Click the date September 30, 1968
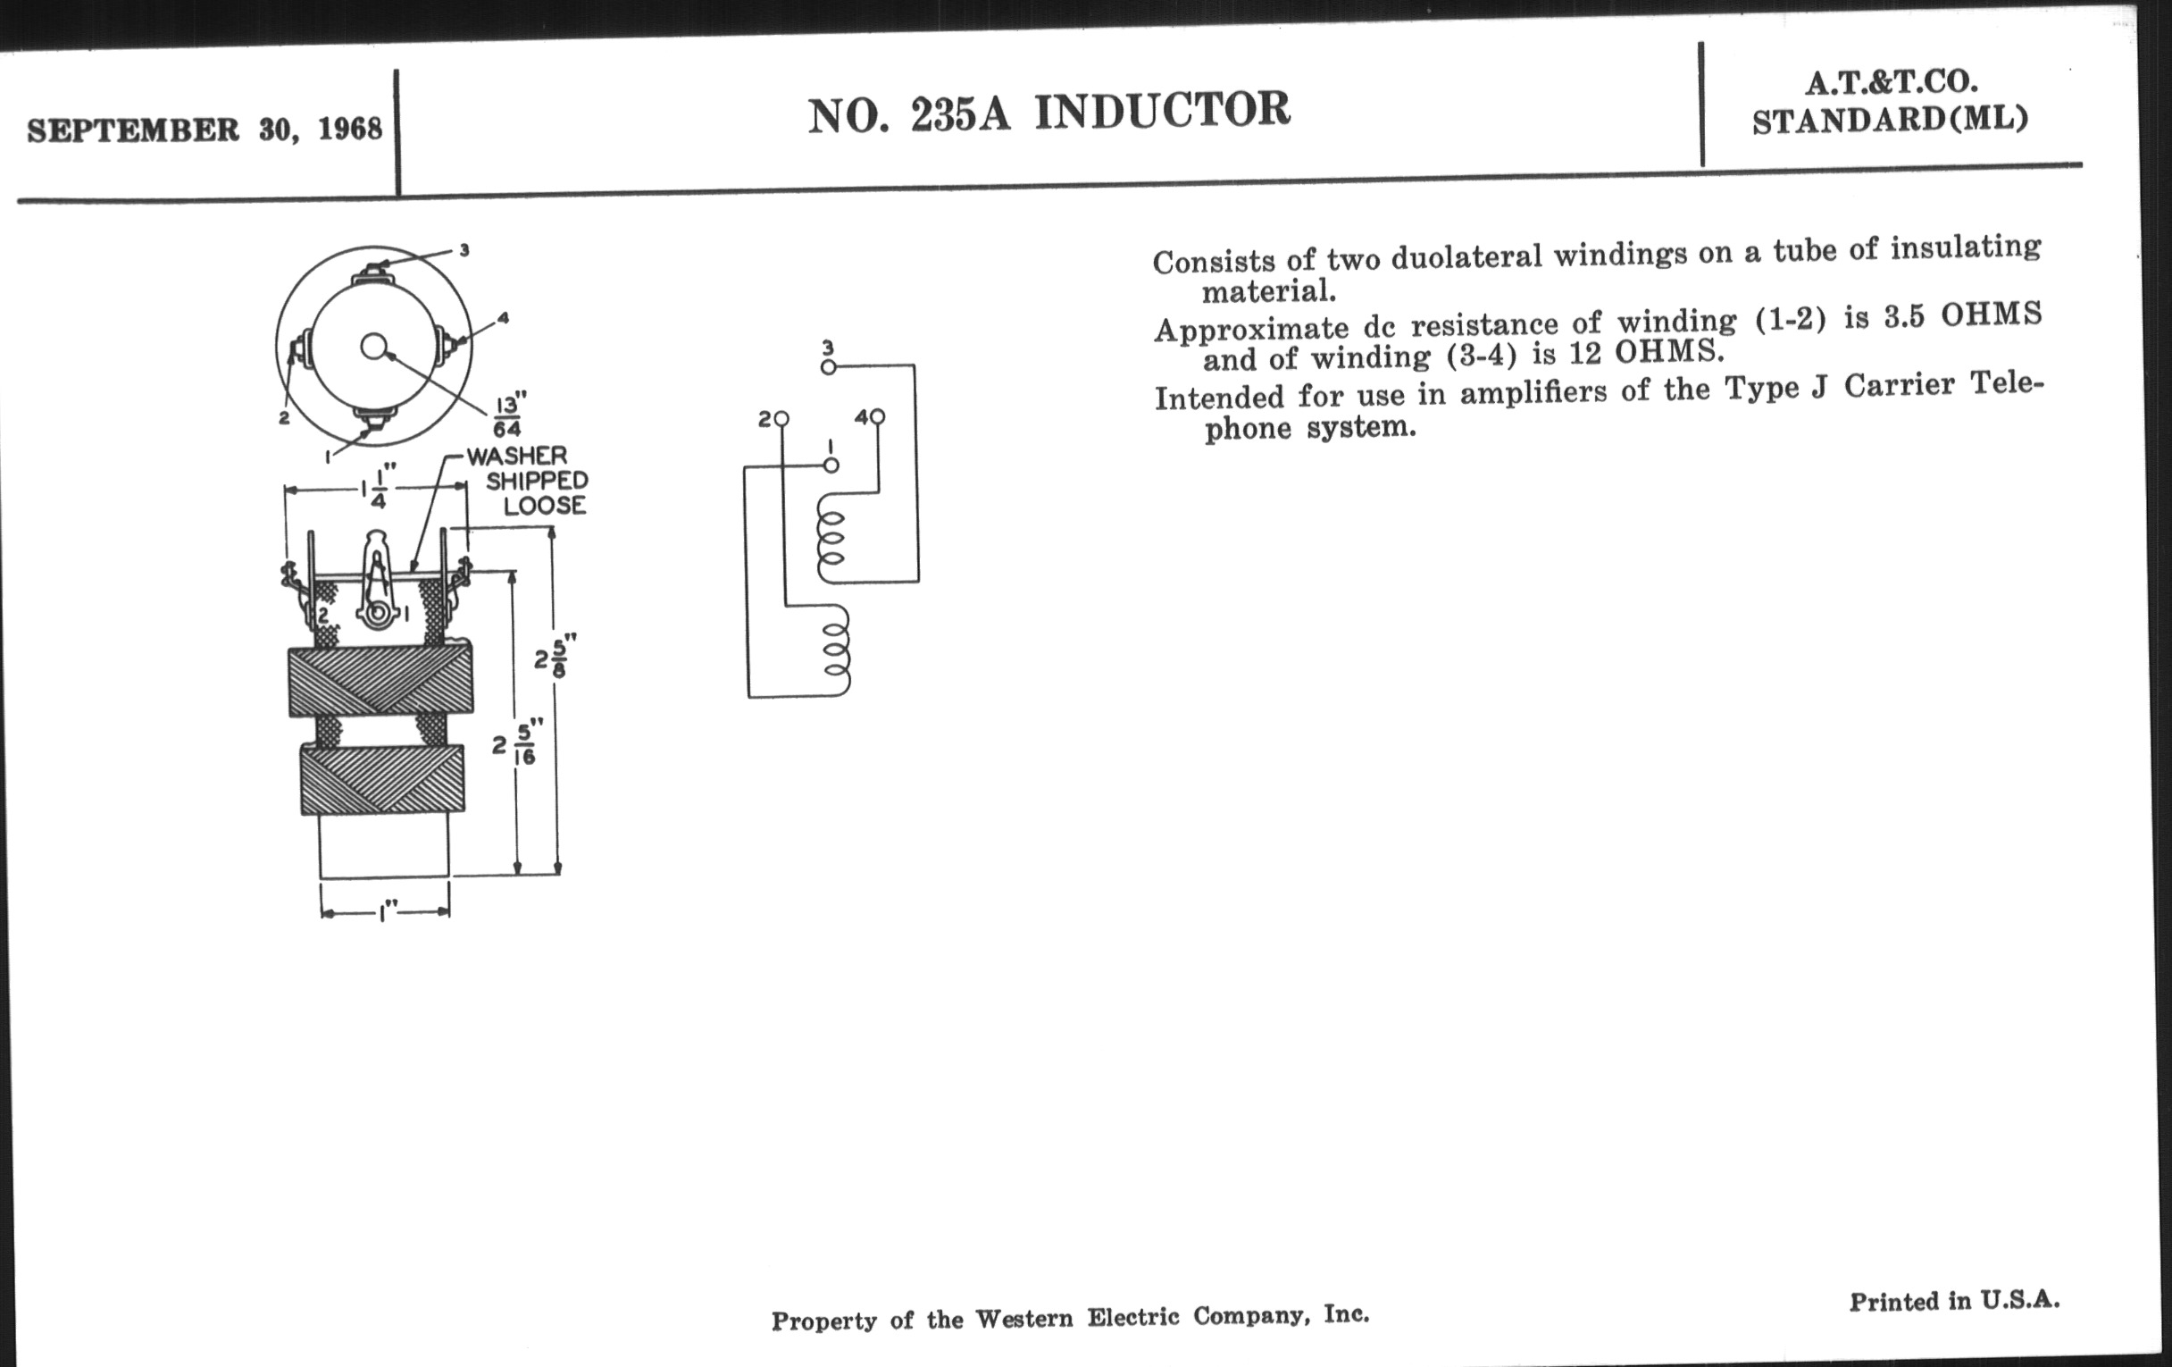click(205, 129)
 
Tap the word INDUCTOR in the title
click(1162, 111)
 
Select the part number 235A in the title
click(960, 114)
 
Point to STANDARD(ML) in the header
click(1891, 120)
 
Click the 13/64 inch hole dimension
click(509, 415)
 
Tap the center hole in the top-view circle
click(373, 347)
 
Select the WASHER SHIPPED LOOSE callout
click(528, 480)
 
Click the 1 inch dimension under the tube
click(386, 913)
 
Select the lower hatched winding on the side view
click(382, 778)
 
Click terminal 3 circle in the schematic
click(828, 366)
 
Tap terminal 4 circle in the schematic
click(878, 416)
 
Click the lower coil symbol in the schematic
click(836, 650)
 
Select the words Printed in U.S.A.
click(1955, 1300)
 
